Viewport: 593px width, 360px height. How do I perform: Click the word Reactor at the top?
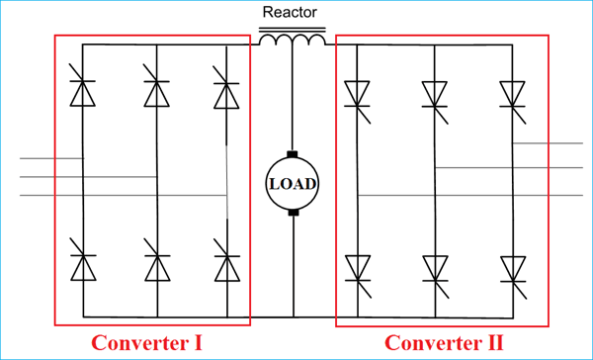[292, 13]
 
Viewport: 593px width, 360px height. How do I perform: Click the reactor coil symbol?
[292, 40]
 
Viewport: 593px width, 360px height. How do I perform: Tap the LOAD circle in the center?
[293, 184]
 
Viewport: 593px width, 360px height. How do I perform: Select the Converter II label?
[444, 343]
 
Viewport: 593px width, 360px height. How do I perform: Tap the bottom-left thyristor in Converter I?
[83, 266]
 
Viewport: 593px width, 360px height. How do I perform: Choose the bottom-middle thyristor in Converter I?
[155, 266]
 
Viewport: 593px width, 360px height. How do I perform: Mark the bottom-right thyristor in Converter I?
[226, 266]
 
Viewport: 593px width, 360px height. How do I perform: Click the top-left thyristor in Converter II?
[358, 94]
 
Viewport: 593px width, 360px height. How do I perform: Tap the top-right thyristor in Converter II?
[512, 94]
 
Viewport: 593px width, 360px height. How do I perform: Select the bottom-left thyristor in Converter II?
[358, 268]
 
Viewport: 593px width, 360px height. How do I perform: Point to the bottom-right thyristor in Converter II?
[512, 268]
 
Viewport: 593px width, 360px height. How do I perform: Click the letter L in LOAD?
[274, 184]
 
